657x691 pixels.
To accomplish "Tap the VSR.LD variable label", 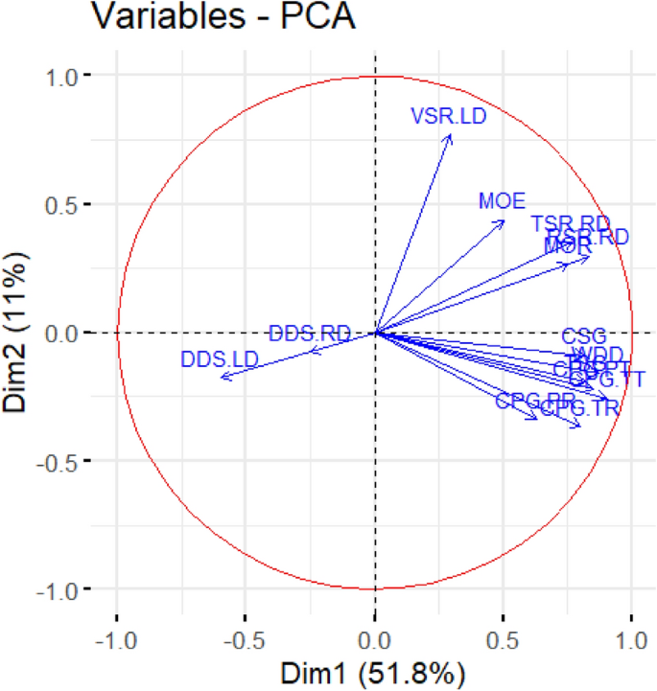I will tap(448, 117).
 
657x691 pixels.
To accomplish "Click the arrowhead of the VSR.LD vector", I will tap(451, 135).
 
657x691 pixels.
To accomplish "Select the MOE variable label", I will tap(503, 201).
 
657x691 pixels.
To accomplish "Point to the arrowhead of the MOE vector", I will tap(504, 220).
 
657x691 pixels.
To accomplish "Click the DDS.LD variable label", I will tap(220, 360).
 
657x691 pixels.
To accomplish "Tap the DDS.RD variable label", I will tap(310, 334).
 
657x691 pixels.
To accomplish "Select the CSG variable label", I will tap(584, 336).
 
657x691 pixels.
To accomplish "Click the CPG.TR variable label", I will tap(580, 409).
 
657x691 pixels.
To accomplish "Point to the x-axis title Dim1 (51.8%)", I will tap(374, 672).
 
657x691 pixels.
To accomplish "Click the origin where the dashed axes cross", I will tap(374, 333).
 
